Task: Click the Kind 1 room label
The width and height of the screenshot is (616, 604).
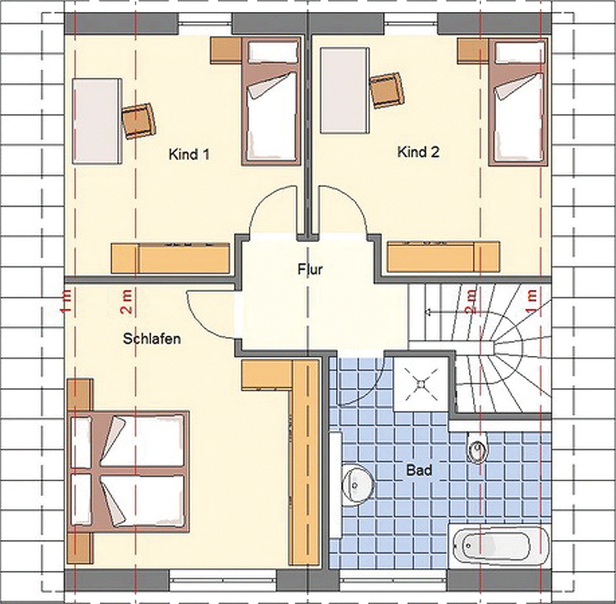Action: pyautogui.click(x=189, y=154)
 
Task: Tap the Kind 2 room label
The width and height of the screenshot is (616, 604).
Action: pyautogui.click(x=418, y=151)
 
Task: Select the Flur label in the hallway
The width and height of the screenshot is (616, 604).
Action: pyautogui.click(x=310, y=270)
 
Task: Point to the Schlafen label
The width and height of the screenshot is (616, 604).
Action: pyautogui.click(x=152, y=338)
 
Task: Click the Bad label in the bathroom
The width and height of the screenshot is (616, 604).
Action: pyautogui.click(x=419, y=470)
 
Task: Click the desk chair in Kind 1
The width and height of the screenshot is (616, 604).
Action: pyautogui.click(x=138, y=120)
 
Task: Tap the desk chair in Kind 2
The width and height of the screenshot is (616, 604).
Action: pyautogui.click(x=387, y=90)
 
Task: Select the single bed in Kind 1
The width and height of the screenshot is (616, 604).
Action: pyautogui.click(x=271, y=101)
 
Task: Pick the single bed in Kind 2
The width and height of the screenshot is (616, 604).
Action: pyautogui.click(x=518, y=101)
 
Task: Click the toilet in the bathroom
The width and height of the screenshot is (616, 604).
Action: pyautogui.click(x=477, y=447)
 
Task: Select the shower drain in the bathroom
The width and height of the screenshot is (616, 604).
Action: pyautogui.click(x=421, y=384)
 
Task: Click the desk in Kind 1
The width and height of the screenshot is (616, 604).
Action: pyautogui.click(x=97, y=121)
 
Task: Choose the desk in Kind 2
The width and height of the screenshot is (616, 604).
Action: pyautogui.click(x=345, y=91)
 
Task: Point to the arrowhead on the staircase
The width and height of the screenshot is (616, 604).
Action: pyautogui.click(x=428, y=312)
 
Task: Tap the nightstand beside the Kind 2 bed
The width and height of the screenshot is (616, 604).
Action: pyautogui.click(x=472, y=51)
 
